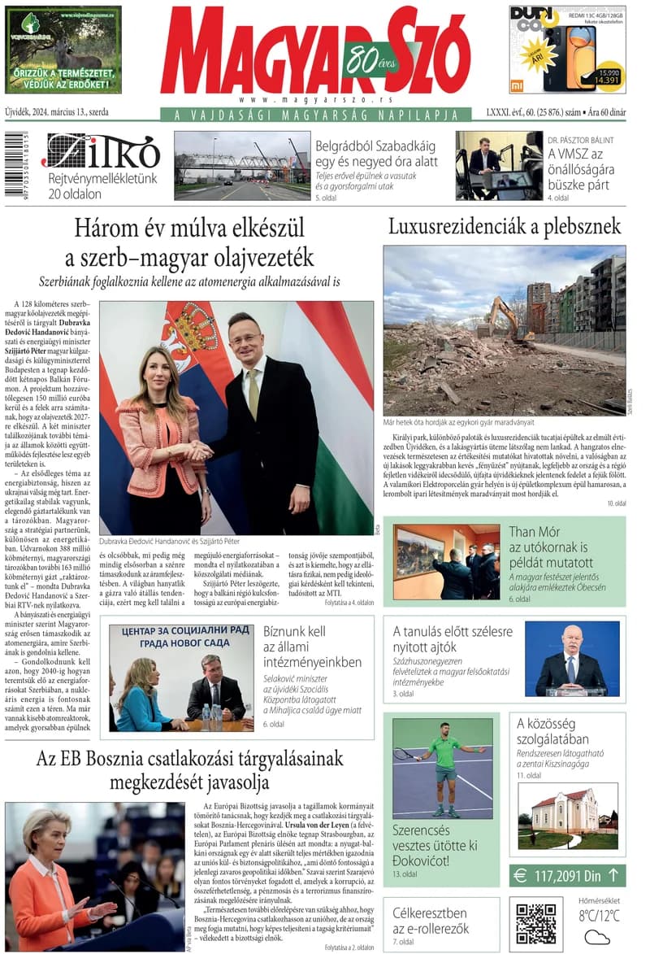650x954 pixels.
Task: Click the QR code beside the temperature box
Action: point(535,921)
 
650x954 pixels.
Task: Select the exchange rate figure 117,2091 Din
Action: point(568,875)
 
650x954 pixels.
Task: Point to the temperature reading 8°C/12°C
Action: point(599,916)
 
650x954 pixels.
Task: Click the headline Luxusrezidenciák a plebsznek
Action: point(504,225)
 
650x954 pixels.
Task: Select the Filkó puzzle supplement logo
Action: point(101,152)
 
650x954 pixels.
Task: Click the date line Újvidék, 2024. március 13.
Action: point(57,112)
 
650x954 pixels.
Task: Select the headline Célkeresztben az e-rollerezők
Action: point(430,921)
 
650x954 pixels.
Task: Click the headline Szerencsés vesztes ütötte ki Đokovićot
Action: point(435,845)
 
